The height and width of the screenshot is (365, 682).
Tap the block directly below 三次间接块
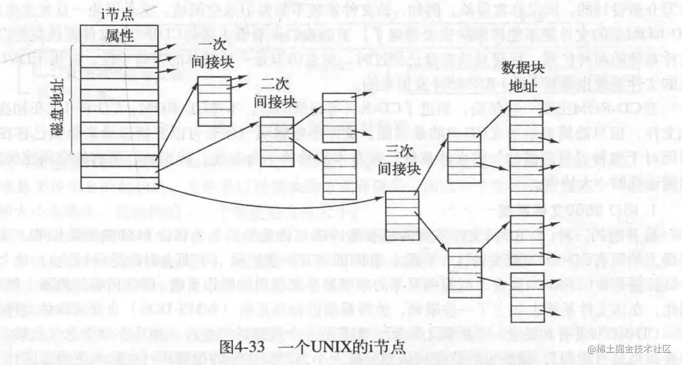coord(402,216)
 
